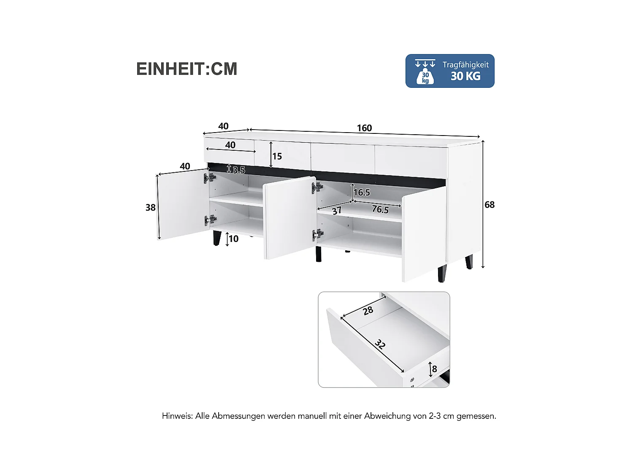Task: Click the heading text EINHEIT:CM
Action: [187, 69]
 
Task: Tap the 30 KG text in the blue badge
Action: [465, 76]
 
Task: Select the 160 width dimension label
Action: [364, 128]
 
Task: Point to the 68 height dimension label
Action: [489, 205]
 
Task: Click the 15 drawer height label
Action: [277, 157]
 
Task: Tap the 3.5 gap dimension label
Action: [238, 170]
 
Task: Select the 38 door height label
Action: [150, 208]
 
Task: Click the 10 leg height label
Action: [233, 239]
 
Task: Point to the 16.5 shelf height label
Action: [362, 193]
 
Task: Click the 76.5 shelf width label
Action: [380, 209]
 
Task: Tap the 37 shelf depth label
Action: [336, 211]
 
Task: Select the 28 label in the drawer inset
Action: [368, 311]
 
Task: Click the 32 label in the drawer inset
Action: [380, 345]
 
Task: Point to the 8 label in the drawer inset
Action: [434, 369]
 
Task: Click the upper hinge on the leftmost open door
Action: [210, 178]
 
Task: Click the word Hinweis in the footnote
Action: [177, 416]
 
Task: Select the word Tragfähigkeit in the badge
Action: [465, 65]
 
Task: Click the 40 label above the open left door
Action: [185, 166]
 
